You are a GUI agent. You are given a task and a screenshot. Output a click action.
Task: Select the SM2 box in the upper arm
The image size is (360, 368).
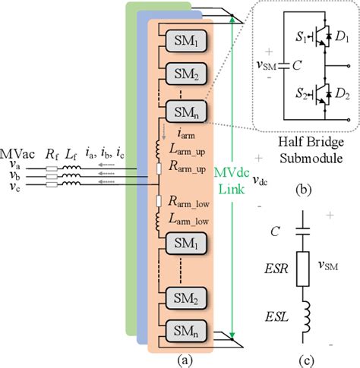coord(178,73)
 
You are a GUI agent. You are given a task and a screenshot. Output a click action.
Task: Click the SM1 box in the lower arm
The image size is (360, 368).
coord(178,246)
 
